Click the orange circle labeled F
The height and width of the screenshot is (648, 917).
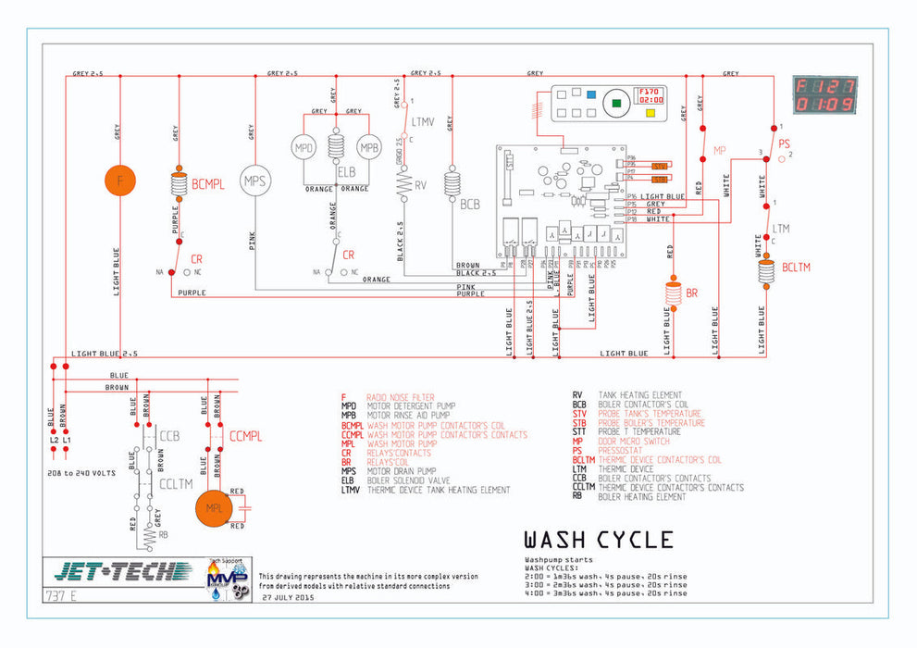coord(119,181)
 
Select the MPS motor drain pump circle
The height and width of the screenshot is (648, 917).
coord(254,181)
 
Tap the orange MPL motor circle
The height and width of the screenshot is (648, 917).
coord(214,509)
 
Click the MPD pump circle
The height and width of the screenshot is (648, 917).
coord(304,148)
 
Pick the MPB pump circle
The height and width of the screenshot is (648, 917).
coord(369,148)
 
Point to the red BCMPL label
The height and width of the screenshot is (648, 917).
coord(207,184)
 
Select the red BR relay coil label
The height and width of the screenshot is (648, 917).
coord(691,293)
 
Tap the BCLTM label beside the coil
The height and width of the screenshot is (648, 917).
coord(796,268)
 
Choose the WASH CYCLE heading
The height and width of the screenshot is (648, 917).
coord(598,540)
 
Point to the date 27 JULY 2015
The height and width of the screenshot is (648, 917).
coord(288,599)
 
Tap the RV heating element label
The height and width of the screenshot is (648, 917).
coord(420,185)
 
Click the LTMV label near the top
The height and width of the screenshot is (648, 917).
coord(423,122)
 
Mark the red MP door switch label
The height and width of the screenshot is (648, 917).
coord(720,149)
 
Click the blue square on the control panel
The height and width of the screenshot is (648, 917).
coord(589,94)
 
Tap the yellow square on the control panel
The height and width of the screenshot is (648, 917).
coord(650,113)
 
